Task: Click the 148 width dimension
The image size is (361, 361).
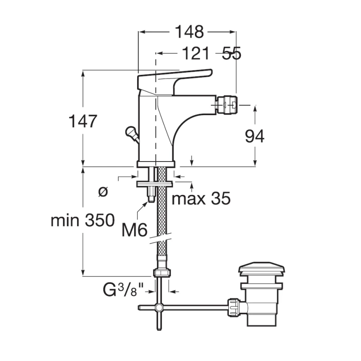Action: (x=189, y=32)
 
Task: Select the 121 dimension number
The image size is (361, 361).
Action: (x=196, y=53)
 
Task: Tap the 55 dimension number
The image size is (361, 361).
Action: (x=231, y=53)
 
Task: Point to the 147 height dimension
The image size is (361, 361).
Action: (x=83, y=121)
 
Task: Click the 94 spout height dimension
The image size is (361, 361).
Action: (x=255, y=136)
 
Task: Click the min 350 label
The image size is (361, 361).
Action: (x=83, y=220)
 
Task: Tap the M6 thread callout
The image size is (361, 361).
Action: (x=134, y=230)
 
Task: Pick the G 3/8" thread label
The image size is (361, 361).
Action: (x=123, y=290)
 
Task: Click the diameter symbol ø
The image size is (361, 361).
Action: (x=103, y=191)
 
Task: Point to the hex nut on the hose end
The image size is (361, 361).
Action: (x=162, y=273)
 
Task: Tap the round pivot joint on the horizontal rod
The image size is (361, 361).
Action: (x=159, y=307)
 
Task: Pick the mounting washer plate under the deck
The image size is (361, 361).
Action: (x=154, y=184)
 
